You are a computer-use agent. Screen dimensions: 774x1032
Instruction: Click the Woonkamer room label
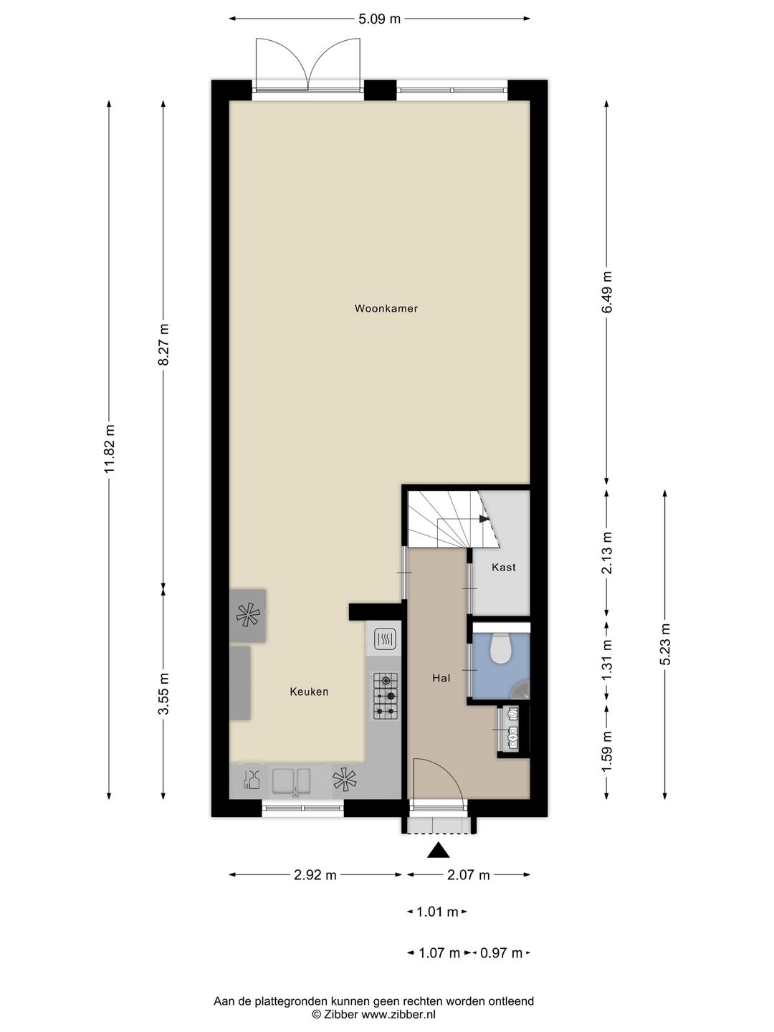(386, 308)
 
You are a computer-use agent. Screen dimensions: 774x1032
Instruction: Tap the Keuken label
(309, 692)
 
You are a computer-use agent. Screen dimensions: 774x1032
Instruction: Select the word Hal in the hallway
(441, 678)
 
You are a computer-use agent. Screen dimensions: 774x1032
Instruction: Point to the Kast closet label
(503, 567)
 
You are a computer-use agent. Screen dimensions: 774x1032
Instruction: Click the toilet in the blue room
(500, 647)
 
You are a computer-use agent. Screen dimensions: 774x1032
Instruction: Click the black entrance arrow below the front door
(439, 850)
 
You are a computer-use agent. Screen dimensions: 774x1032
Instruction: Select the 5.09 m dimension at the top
(379, 19)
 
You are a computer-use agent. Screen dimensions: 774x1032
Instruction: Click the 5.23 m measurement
(665, 644)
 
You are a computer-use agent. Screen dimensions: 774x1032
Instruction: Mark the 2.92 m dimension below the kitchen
(315, 875)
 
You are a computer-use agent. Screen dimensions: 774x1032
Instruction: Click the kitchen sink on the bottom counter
(292, 781)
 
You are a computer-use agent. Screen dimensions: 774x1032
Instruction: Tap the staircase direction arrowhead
(484, 519)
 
